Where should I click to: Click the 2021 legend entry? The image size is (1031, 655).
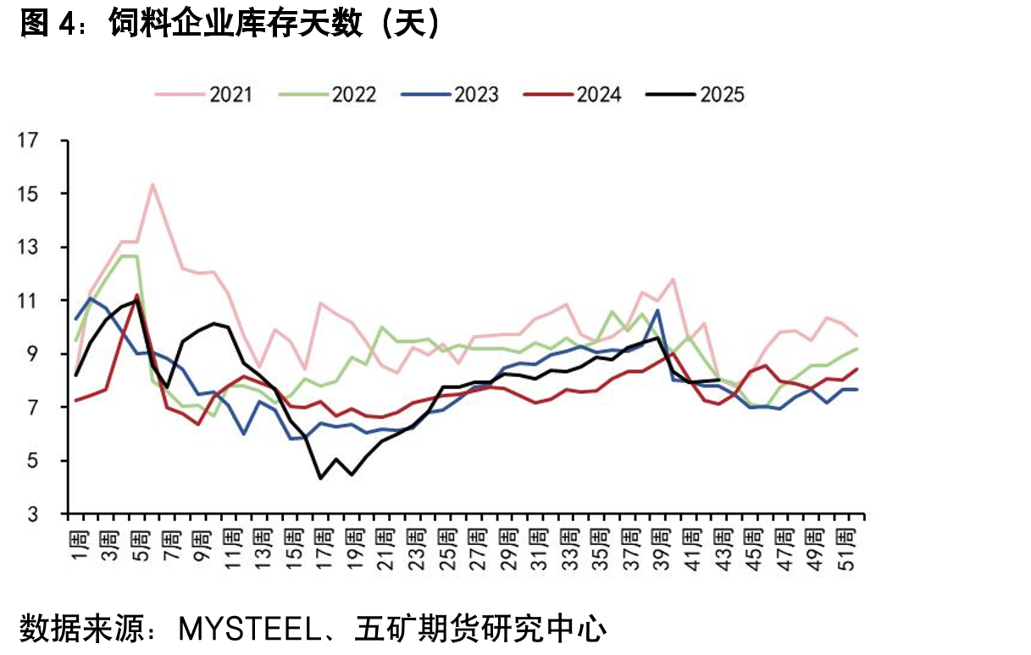coord(204,95)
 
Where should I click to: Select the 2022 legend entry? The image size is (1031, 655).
coord(328,95)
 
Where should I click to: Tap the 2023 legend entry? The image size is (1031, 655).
coord(450,95)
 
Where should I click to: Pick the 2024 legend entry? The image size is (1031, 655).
coord(573,95)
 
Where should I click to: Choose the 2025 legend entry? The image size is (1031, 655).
coord(696,95)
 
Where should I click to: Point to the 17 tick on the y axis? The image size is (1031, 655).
coord(28,140)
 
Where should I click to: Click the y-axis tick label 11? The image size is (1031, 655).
coord(28,301)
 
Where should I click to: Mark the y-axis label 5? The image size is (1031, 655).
coord(32,461)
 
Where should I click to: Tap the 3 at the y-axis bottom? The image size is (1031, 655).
coord(32,514)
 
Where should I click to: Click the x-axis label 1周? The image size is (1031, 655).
coord(80,547)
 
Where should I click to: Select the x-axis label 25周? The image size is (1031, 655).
coord(448,551)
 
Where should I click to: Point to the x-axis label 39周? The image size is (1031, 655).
coord(662,551)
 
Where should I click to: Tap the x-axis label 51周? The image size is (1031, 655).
coord(846,551)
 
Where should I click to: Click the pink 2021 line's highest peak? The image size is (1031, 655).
coord(152,184)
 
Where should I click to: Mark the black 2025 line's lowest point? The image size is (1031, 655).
coord(320,478)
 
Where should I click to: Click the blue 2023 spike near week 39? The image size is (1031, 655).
coord(657,310)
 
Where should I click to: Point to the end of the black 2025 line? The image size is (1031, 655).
coord(719,380)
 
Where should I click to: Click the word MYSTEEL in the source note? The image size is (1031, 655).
coord(249,629)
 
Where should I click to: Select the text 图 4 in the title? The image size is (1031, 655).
coord(48,24)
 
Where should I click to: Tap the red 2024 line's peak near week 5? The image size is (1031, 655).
coord(137,295)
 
